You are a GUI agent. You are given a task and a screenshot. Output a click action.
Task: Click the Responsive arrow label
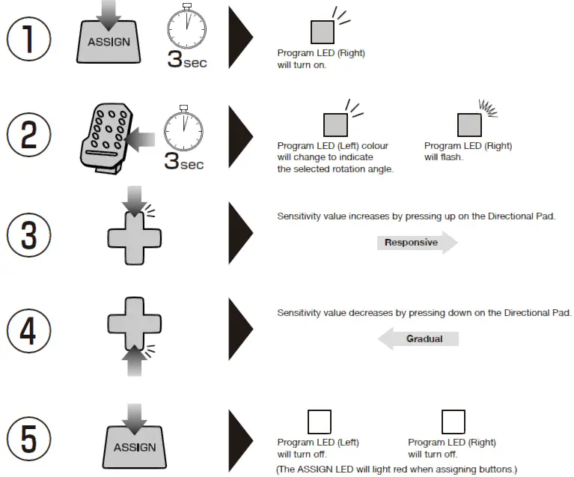coord(416,243)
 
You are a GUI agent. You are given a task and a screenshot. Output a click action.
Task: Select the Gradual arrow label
coord(419,339)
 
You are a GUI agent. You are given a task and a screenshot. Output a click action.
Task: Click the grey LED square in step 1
coord(323,31)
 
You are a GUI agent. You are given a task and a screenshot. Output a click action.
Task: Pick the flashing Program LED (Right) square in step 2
coord(469,124)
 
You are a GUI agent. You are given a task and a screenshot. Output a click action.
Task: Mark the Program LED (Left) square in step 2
coord(335,124)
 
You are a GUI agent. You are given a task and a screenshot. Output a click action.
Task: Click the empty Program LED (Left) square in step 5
coord(320,422)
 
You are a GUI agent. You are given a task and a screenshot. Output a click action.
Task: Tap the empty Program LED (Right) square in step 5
coord(454,422)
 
